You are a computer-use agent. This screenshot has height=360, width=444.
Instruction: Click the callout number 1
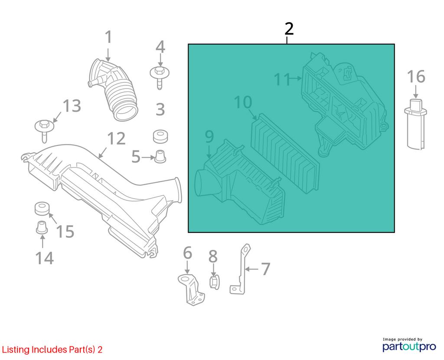point(108,37)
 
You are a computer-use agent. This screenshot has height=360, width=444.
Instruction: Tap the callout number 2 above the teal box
point(289,29)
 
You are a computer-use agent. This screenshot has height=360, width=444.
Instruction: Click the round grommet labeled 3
point(160,137)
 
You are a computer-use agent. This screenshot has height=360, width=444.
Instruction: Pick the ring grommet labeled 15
point(42,209)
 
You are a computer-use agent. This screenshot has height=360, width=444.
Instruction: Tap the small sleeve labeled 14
point(42,227)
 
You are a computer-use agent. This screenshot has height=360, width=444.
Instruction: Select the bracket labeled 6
point(191,289)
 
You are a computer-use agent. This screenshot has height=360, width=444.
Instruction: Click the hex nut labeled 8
point(214,282)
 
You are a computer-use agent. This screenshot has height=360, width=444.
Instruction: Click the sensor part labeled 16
point(415,124)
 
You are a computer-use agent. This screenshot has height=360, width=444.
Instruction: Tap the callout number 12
point(116,138)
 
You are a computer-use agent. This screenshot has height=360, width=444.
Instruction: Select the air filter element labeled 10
point(285,154)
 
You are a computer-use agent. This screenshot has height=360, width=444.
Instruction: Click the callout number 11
point(282,79)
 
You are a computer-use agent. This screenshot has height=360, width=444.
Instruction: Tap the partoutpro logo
point(409,345)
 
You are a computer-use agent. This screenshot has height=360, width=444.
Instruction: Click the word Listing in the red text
point(16,350)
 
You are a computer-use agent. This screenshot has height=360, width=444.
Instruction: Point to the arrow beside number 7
point(251,269)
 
